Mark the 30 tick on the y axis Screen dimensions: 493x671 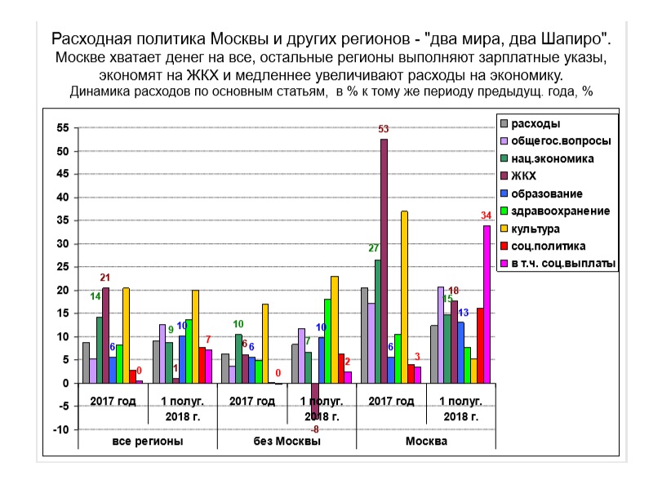click(x=63, y=245)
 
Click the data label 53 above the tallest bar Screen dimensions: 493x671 click(x=384, y=129)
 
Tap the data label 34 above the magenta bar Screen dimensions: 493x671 click(x=486, y=215)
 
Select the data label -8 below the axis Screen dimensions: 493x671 click(x=314, y=429)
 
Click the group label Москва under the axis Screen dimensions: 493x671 click(x=425, y=441)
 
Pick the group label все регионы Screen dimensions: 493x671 click(x=147, y=441)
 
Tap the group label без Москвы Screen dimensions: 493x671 click(x=287, y=441)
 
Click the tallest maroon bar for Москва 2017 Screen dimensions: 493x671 click(x=384, y=261)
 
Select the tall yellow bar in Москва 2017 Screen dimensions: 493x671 click(x=404, y=297)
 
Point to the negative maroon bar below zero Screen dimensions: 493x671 click(x=315, y=400)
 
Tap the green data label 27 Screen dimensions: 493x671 click(x=375, y=248)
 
